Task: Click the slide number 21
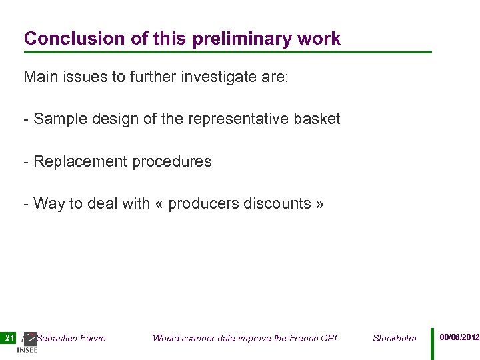(x=9, y=338)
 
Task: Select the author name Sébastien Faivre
(x=71, y=338)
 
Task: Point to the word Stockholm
(x=394, y=338)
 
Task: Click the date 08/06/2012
(x=459, y=337)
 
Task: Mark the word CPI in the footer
(x=329, y=338)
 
